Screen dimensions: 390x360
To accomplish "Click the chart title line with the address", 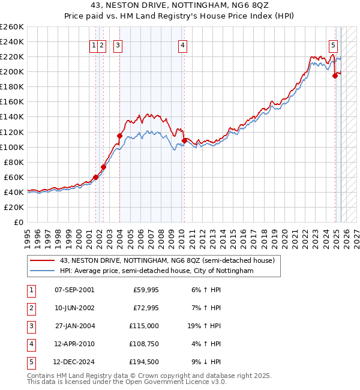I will tap(179, 7).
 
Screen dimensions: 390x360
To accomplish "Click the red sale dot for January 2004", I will tap(119, 136).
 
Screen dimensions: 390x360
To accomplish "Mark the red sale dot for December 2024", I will tap(335, 76).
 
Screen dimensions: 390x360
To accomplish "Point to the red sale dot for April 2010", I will tap(183, 140).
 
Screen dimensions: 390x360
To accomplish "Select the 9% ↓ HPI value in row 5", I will tap(206, 362).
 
